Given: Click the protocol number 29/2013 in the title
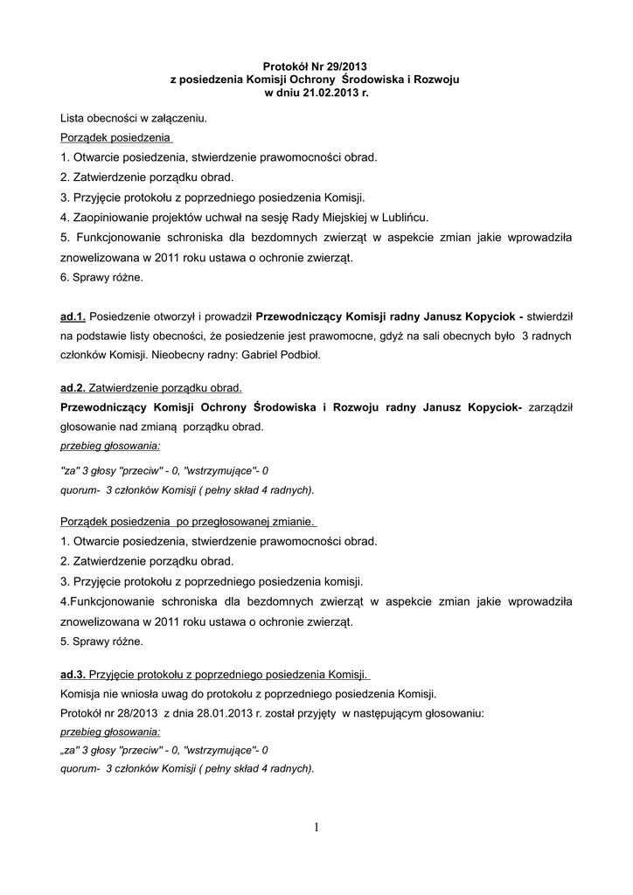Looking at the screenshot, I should (346, 66).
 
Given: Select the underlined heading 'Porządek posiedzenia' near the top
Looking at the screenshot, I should (117, 138).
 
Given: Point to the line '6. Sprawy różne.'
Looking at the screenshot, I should (101, 278).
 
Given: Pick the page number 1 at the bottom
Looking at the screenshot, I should (316, 828).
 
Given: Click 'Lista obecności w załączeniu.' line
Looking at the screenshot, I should (135, 117).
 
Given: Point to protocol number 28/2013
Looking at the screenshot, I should (129, 712).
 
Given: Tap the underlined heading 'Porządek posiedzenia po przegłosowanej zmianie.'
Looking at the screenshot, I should (188, 522).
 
